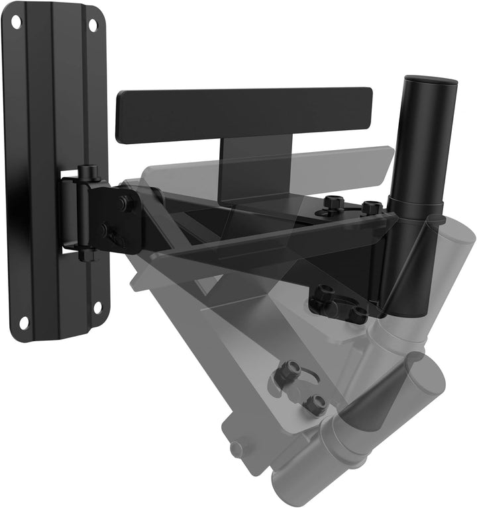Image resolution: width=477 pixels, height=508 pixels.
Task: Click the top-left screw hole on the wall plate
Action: click(15, 22)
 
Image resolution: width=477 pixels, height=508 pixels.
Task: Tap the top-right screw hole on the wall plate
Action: click(93, 25)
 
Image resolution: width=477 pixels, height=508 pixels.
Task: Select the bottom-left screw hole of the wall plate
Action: click(24, 323)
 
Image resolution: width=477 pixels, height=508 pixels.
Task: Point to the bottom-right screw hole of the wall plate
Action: click(97, 308)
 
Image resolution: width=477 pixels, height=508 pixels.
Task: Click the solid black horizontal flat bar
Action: click(244, 114)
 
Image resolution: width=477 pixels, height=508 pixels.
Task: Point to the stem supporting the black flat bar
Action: click(255, 165)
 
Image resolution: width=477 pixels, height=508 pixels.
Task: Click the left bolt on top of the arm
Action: click(333, 204)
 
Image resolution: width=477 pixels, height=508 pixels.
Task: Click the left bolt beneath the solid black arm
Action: click(325, 295)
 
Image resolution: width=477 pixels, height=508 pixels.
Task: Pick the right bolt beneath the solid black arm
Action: click(358, 314)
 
